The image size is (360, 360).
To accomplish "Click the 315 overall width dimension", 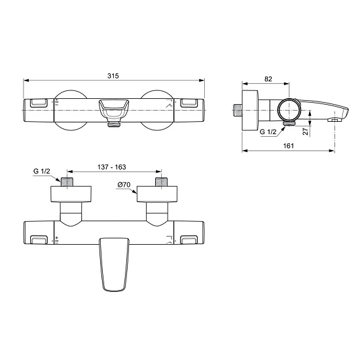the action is point(113,76).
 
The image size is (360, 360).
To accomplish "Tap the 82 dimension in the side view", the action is point(268,79).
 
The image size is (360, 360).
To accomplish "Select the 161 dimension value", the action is point(289,146).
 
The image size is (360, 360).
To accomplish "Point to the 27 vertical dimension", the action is point(306,132).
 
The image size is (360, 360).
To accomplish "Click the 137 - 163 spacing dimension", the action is point(112,167).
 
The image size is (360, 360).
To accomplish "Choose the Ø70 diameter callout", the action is point(124,185).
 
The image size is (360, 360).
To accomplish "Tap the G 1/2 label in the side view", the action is point(268,132).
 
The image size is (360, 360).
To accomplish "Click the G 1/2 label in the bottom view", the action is point(41,171).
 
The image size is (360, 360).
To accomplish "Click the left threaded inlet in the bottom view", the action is point(67,182).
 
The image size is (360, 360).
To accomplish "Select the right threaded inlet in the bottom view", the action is point(162,182).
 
